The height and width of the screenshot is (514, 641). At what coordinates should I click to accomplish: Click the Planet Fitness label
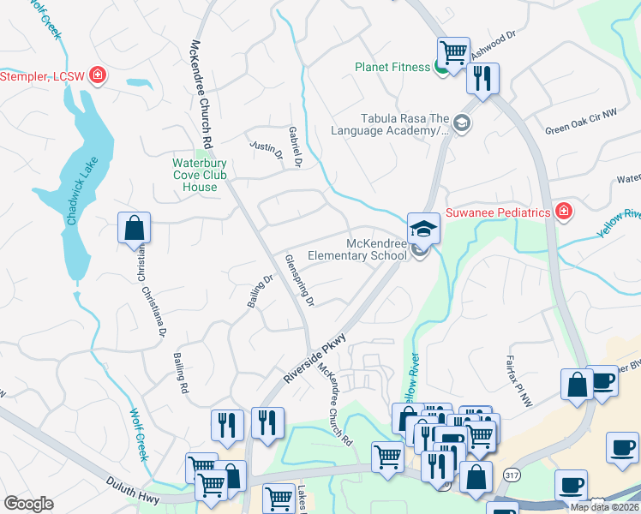click(392, 68)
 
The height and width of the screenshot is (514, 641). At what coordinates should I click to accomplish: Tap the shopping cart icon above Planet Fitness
click(453, 51)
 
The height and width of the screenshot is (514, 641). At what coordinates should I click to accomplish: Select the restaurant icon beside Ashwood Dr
click(482, 79)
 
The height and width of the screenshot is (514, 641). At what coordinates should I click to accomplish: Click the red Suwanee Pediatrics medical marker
click(563, 212)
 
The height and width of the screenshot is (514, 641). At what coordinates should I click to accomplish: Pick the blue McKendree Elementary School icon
click(422, 228)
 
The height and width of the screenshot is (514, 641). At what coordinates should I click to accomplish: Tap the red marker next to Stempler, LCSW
click(98, 76)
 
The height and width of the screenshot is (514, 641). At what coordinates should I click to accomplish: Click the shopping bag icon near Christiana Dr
click(135, 229)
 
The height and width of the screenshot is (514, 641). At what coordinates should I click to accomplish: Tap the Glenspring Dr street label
click(300, 280)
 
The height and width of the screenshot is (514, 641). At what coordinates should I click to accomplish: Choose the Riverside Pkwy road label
click(315, 357)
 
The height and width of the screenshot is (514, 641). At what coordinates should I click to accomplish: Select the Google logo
click(28, 504)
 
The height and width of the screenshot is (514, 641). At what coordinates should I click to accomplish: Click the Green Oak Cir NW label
click(580, 131)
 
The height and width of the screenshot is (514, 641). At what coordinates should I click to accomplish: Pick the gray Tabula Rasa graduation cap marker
click(463, 124)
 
